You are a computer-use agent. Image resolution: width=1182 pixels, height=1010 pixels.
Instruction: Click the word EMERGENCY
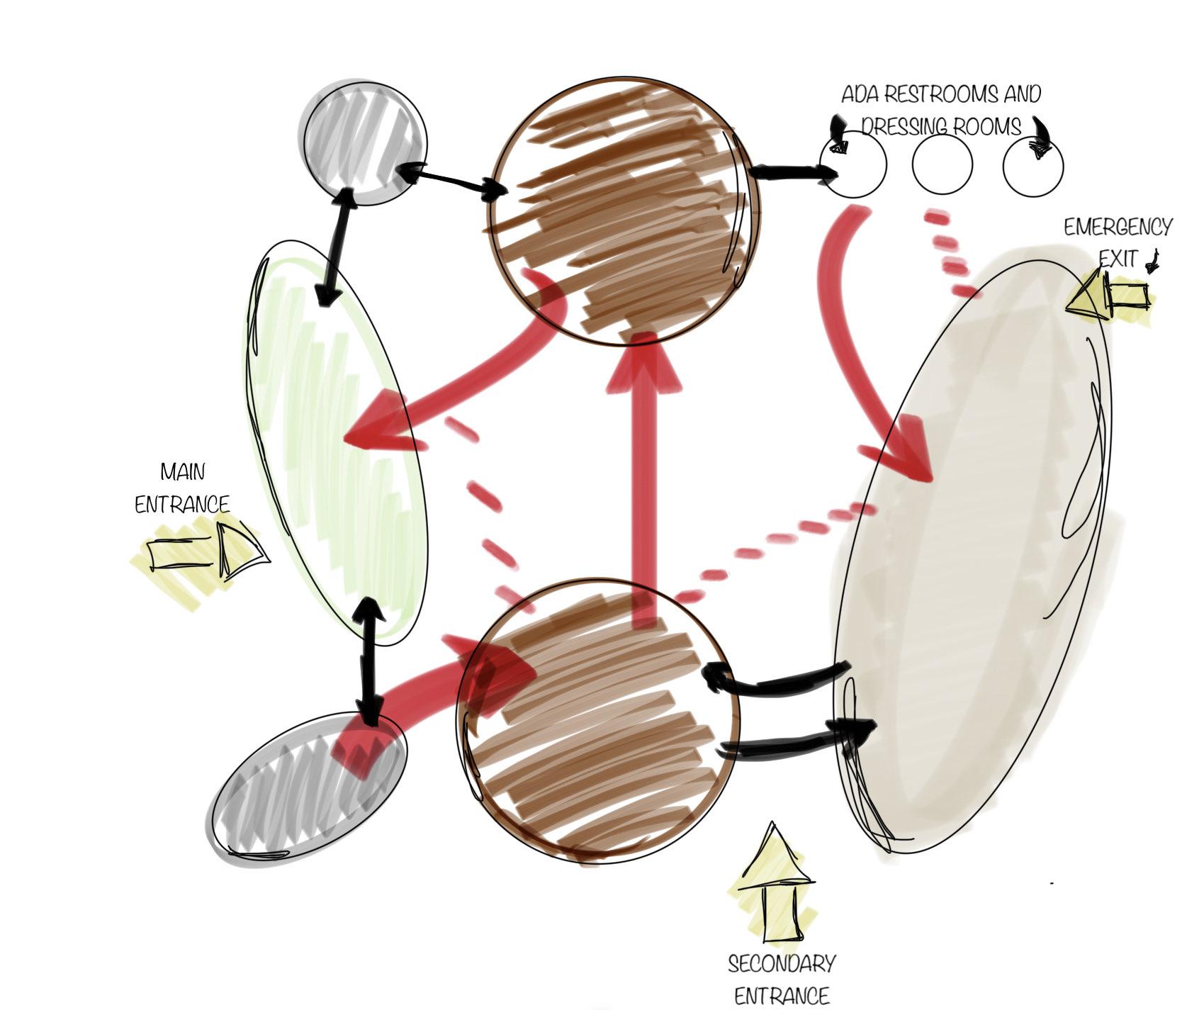(x=1117, y=228)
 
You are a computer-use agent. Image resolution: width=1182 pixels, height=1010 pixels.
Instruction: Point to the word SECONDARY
(x=781, y=964)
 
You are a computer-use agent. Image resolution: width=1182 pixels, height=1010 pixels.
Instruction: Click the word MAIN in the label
(x=182, y=471)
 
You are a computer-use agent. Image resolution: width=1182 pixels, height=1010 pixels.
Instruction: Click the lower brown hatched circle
(x=597, y=719)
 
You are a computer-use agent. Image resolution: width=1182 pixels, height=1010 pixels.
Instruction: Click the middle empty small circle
(x=942, y=165)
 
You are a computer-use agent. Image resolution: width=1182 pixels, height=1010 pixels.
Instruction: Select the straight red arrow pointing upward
(x=643, y=482)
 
